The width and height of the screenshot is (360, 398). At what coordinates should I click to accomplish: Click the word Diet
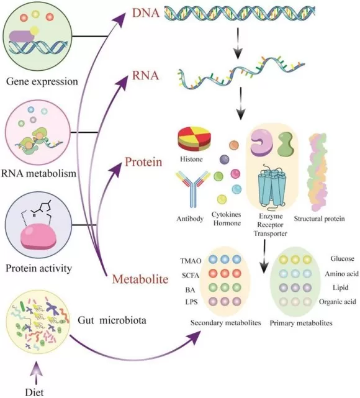tap(35, 391)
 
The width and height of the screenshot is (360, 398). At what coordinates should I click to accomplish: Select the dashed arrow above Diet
tap(35, 372)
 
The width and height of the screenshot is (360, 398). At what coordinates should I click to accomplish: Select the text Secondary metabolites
tap(225, 323)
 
